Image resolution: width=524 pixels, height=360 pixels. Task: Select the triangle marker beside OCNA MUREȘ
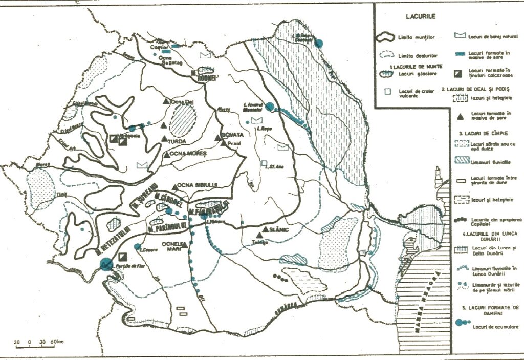click(x=167, y=154)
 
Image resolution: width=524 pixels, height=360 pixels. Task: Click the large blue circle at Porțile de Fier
click(x=106, y=264)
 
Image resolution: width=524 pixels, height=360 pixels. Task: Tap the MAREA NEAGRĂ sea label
click(x=435, y=299)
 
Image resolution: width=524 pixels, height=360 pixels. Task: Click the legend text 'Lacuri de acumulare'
click(x=491, y=326)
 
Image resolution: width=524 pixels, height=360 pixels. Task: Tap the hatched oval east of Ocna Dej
click(x=183, y=120)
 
